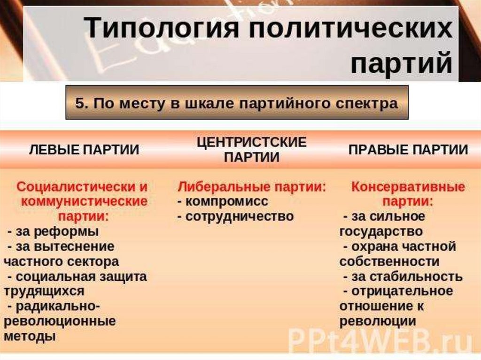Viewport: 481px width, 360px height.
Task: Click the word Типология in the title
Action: click(x=162, y=28)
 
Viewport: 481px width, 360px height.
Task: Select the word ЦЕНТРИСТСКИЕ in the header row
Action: click(x=252, y=142)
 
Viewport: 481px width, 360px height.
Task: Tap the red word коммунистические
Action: click(x=84, y=202)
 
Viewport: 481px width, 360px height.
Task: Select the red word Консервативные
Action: click(x=408, y=187)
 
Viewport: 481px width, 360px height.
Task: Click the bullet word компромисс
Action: click(x=227, y=202)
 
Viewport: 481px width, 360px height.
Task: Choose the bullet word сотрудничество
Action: click(x=240, y=216)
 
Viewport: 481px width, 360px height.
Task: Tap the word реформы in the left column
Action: click(x=66, y=232)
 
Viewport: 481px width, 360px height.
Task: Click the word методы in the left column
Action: click(x=30, y=337)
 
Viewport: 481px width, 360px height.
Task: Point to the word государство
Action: click(x=381, y=232)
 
